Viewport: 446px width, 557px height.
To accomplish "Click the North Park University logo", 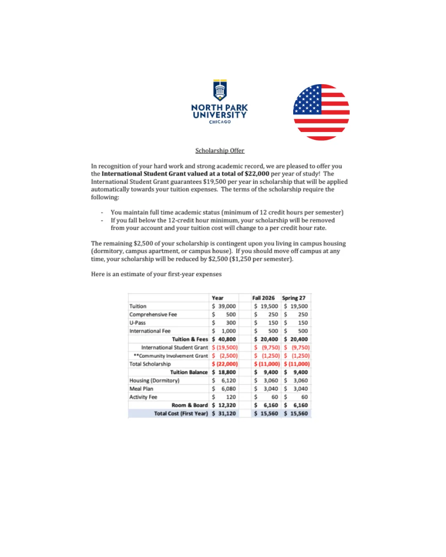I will (x=220, y=102).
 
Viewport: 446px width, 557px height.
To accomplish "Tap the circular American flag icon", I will (x=321, y=112).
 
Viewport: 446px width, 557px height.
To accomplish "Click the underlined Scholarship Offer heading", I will (x=220, y=151).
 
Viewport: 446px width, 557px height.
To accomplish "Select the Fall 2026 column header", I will (x=263, y=298).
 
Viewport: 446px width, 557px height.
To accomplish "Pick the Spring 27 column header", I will (x=294, y=298).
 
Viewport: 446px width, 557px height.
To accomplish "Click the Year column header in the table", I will (x=218, y=298).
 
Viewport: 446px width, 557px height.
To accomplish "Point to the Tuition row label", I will (x=138, y=306).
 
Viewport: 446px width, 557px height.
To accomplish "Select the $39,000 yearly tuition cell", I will (x=224, y=306).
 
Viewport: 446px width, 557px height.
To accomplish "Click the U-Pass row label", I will (x=138, y=323).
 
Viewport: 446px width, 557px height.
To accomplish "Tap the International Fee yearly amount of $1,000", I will (x=224, y=331).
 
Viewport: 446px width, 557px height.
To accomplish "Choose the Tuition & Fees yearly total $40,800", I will (x=224, y=339).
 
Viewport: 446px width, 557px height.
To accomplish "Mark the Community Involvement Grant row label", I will (x=171, y=356).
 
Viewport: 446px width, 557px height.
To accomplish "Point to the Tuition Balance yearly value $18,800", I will (x=224, y=372).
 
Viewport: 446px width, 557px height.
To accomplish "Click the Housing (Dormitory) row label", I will (x=154, y=380).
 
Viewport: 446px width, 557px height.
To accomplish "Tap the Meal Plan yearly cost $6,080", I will (x=224, y=389).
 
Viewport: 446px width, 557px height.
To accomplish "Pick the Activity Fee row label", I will (x=143, y=397).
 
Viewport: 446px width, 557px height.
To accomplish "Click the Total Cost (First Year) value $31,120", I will (x=224, y=413).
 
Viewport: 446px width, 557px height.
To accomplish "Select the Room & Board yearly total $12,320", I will (x=224, y=405).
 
